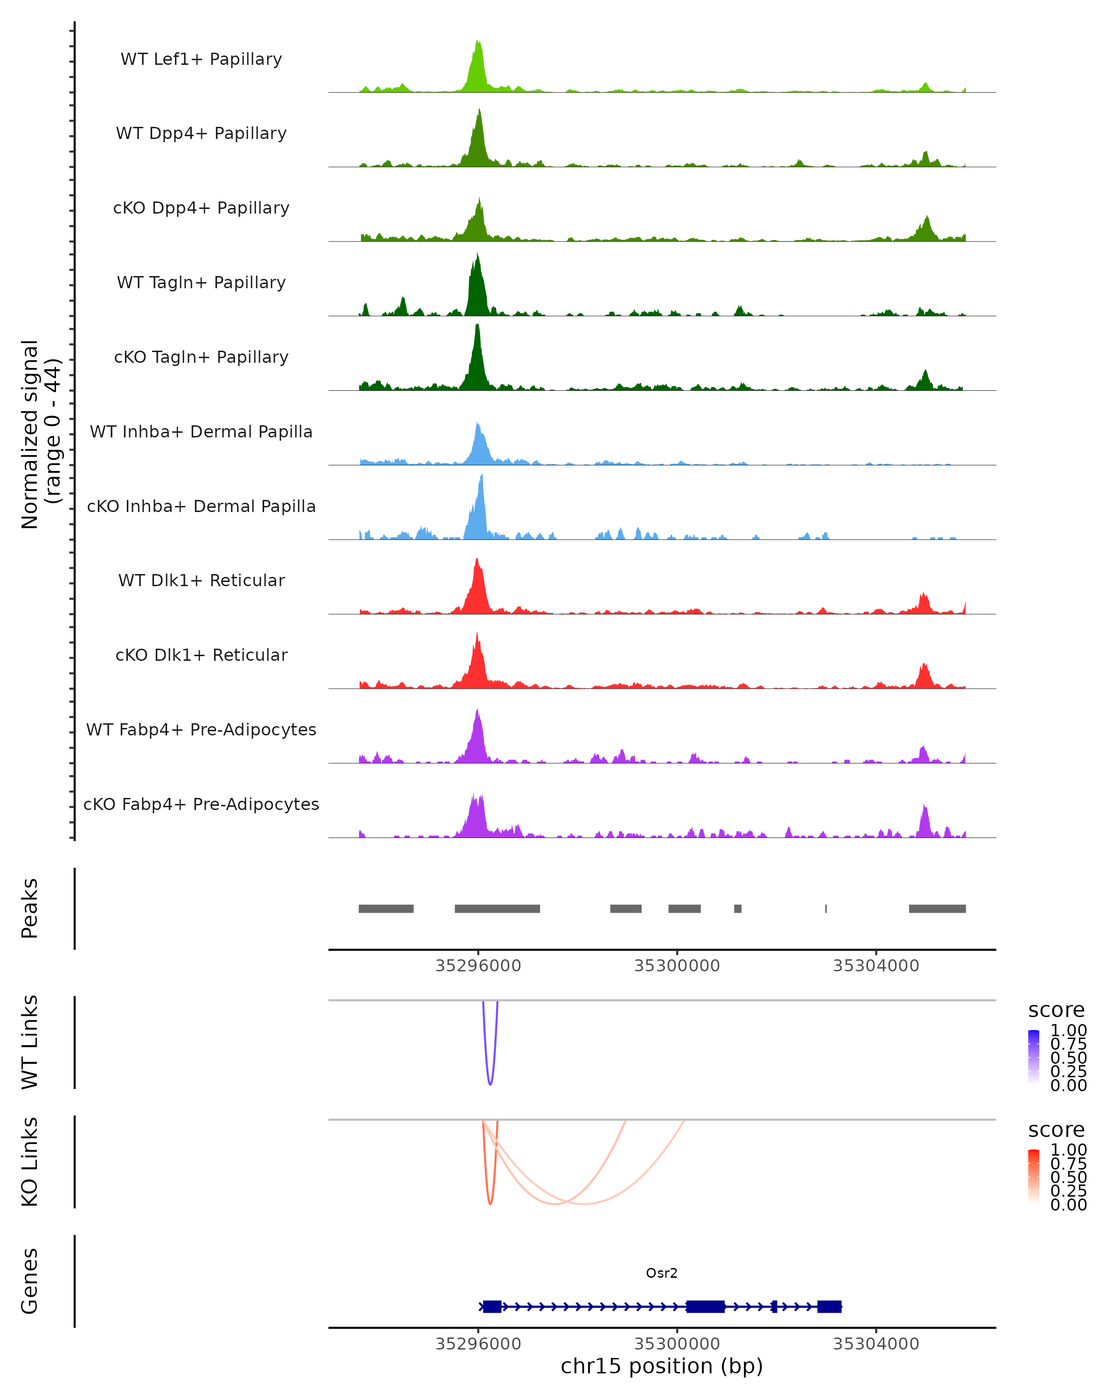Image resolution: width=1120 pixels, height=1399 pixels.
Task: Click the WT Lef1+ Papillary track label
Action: tap(201, 59)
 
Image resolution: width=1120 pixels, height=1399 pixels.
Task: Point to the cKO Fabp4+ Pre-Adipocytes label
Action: tap(201, 804)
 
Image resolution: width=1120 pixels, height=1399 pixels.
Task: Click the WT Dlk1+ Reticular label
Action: tap(201, 580)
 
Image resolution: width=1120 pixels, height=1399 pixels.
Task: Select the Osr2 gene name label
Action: tap(662, 1273)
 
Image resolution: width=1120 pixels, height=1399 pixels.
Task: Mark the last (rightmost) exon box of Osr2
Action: tap(829, 1306)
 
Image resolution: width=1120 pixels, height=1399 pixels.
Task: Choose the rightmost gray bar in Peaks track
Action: tap(937, 908)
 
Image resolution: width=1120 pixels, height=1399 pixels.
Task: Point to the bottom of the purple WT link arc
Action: tap(490, 1084)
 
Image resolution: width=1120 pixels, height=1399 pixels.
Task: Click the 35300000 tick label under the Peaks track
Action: tap(677, 966)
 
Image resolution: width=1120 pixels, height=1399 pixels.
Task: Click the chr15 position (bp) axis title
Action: tap(662, 1366)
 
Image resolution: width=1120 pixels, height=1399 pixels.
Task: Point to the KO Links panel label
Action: tap(30, 1162)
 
